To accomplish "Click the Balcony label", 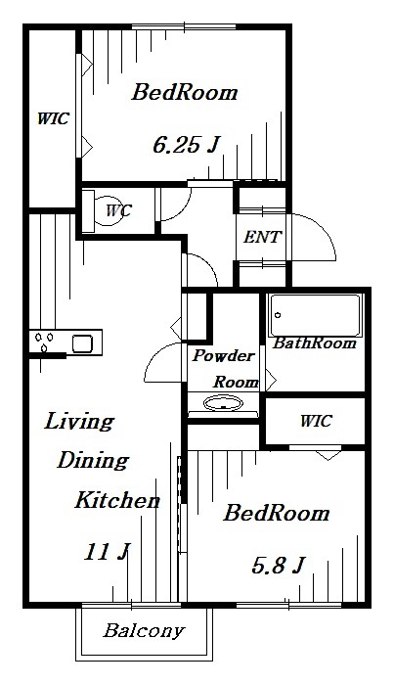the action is click(144, 631).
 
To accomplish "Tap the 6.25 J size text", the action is click(186, 145).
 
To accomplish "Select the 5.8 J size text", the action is click(277, 566).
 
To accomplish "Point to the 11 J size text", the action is click(107, 552).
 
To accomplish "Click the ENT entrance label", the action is click(262, 237).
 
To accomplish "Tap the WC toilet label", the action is click(118, 210).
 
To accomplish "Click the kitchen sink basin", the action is click(82, 343).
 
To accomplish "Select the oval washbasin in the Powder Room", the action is click(224, 403).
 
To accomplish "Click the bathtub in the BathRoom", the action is click(315, 315).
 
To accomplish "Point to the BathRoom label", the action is click(315, 343).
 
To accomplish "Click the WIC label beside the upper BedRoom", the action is click(53, 118).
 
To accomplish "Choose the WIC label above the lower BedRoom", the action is click(316, 421).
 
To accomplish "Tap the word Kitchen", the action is click(117, 500).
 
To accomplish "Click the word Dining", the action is click(94, 461).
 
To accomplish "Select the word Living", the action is click(79, 422).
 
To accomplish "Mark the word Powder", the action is click(224, 355).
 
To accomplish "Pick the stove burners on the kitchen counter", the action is click(44, 342).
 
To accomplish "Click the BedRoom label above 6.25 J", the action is click(185, 93).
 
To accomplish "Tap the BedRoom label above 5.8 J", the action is click(277, 514).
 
